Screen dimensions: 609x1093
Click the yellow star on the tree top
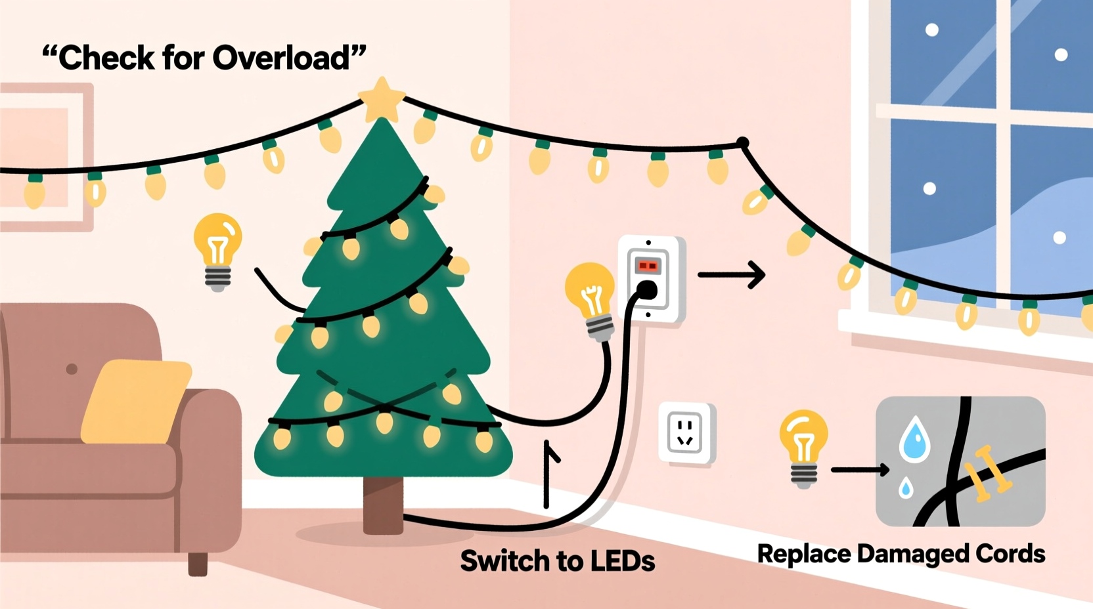[382, 98]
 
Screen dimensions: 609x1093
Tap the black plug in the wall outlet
[647, 290]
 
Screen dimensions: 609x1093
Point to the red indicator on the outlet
[648, 266]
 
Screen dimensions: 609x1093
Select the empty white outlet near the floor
[686, 433]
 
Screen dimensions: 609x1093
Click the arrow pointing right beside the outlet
[732, 275]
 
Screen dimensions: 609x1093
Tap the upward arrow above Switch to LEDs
[547, 472]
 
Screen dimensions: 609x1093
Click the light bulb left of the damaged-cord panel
[803, 446]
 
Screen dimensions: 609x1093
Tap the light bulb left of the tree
[218, 250]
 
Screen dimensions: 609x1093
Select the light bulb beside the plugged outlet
[591, 299]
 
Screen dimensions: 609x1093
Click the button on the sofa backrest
[72, 369]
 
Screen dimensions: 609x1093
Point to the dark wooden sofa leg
[198, 563]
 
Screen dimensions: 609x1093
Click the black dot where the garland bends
[743, 142]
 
